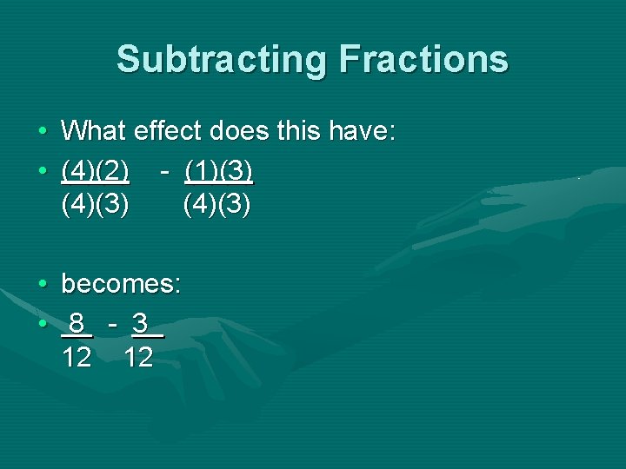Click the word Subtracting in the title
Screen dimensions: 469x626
click(220, 60)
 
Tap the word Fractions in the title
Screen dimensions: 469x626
click(424, 60)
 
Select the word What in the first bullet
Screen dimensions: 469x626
click(92, 132)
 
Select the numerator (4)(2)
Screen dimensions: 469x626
click(96, 171)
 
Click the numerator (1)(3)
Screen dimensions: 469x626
click(218, 171)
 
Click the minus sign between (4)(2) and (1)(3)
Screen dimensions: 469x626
click(164, 171)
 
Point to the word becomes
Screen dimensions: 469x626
click(120, 284)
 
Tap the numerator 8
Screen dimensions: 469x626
click(77, 324)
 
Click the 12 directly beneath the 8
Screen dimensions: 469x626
click(77, 357)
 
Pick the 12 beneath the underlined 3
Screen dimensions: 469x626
click(138, 357)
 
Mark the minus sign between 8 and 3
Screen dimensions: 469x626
click(112, 324)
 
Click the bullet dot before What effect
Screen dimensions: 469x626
click(43, 133)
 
